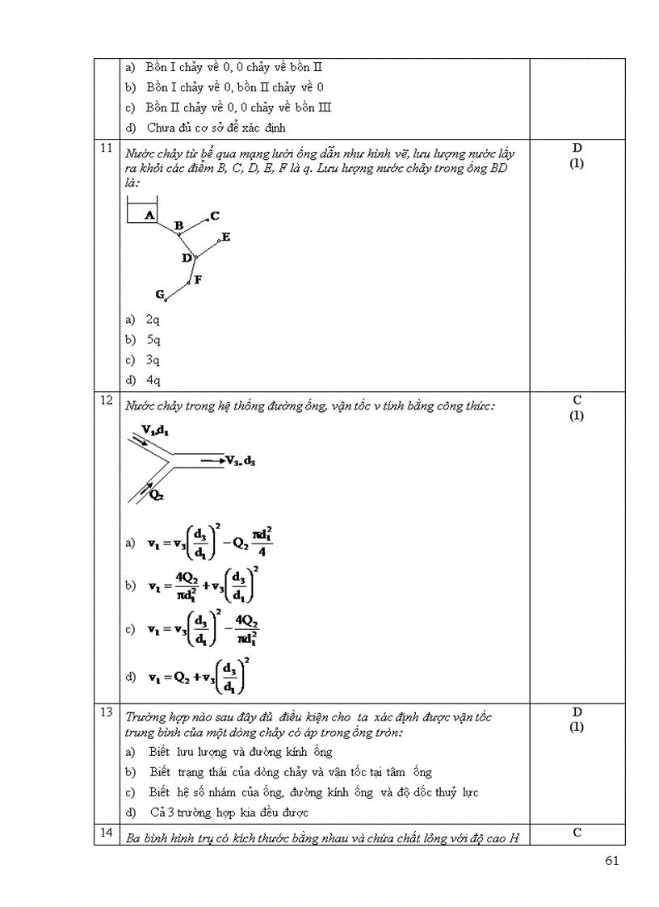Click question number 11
tap(105, 149)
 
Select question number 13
tap(105, 712)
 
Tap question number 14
tap(105, 832)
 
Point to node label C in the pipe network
tap(215, 216)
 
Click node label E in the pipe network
tap(225, 237)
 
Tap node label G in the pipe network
tap(160, 294)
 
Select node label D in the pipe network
tap(187, 258)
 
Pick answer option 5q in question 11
tap(153, 340)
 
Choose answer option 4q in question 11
tap(153, 380)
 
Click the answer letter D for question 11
tap(577, 149)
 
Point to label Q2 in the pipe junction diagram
tap(157, 495)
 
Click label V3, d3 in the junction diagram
tap(241, 460)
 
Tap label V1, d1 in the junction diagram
tap(154, 430)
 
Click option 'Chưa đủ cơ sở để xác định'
tap(216, 128)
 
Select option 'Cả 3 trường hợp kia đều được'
tap(229, 813)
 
